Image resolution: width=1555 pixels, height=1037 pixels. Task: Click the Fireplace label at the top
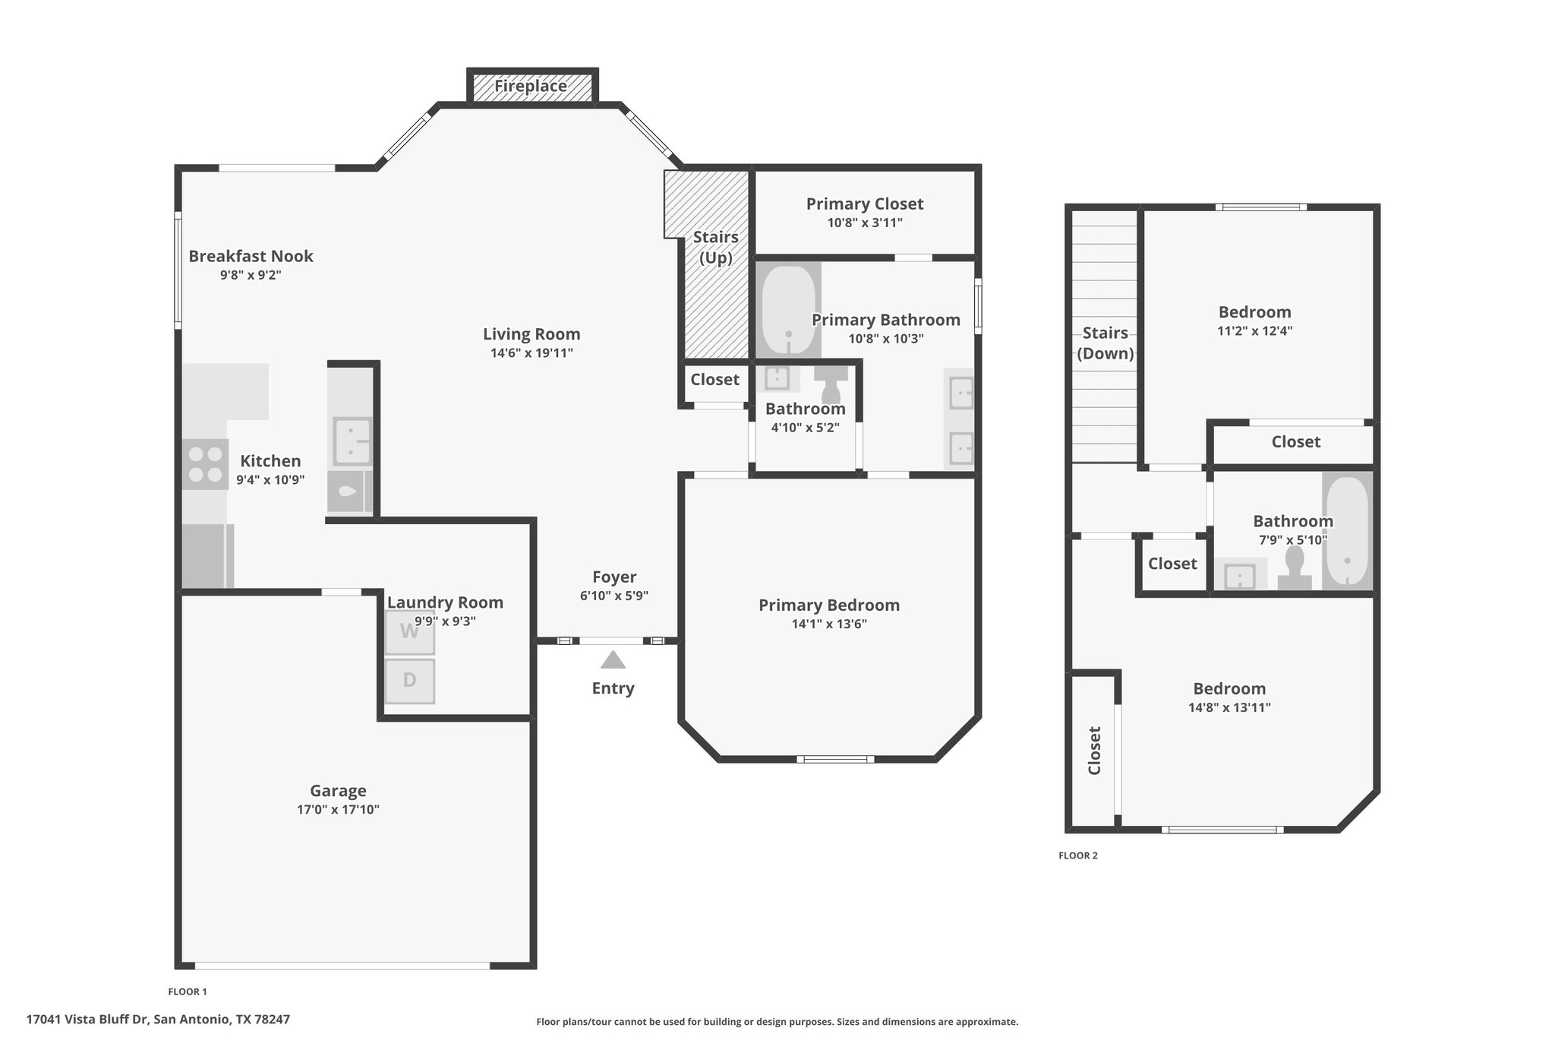[531, 86]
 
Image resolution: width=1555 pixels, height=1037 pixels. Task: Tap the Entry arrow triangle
[613, 659]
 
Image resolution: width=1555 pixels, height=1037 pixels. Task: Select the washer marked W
[409, 631]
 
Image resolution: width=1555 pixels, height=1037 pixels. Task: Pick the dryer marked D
[409, 681]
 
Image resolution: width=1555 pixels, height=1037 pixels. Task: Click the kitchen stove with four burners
[205, 464]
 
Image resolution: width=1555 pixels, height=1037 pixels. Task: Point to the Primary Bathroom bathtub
[789, 311]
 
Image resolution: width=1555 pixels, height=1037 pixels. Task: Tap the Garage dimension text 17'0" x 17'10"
[338, 810]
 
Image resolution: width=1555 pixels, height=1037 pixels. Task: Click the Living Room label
[531, 334]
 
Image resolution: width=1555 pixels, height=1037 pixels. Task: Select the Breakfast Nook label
[251, 256]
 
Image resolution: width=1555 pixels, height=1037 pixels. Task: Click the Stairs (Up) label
[715, 248]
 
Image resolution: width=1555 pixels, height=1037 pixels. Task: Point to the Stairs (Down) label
[1106, 343]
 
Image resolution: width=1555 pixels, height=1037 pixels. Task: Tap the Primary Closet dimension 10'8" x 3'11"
[865, 223]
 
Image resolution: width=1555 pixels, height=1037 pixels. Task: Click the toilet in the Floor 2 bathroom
[1295, 568]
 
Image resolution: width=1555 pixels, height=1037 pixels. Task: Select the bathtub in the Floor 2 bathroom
[1347, 531]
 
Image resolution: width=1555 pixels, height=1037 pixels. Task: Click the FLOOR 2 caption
[1078, 855]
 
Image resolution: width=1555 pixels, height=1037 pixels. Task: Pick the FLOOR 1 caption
[188, 991]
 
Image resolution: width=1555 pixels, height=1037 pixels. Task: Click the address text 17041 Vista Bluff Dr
[88, 1020]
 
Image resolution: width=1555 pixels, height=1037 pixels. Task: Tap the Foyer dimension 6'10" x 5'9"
[614, 596]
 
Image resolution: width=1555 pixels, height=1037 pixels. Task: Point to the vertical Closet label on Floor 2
[1094, 751]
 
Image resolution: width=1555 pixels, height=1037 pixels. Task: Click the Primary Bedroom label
[829, 605]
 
